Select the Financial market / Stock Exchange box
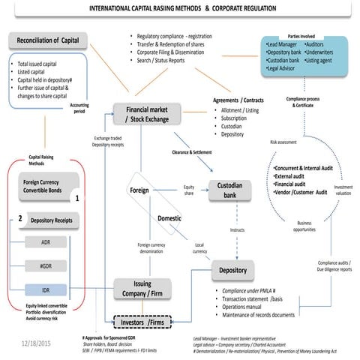click(x=147, y=113)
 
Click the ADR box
click(x=46, y=242)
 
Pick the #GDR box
click(x=46, y=265)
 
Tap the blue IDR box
click(x=46, y=289)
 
